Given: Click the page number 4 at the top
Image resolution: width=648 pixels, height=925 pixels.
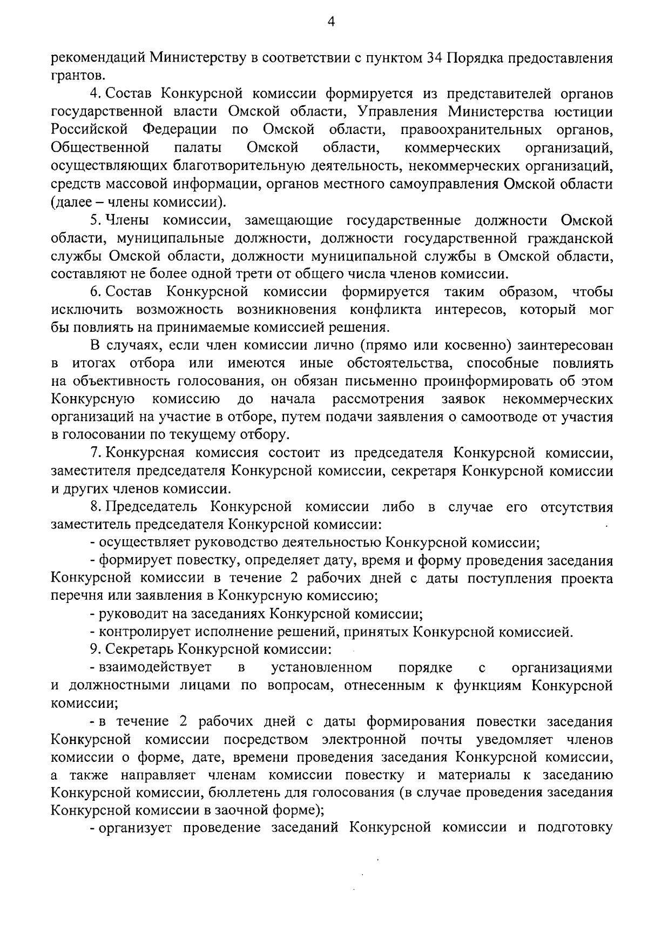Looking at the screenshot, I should click(332, 22).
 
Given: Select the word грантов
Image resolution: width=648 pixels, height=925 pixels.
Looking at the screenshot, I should click(75, 76).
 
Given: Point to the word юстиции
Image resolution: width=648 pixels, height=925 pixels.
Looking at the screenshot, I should click(583, 112).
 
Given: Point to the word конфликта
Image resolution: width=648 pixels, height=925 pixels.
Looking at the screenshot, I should click(385, 310).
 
